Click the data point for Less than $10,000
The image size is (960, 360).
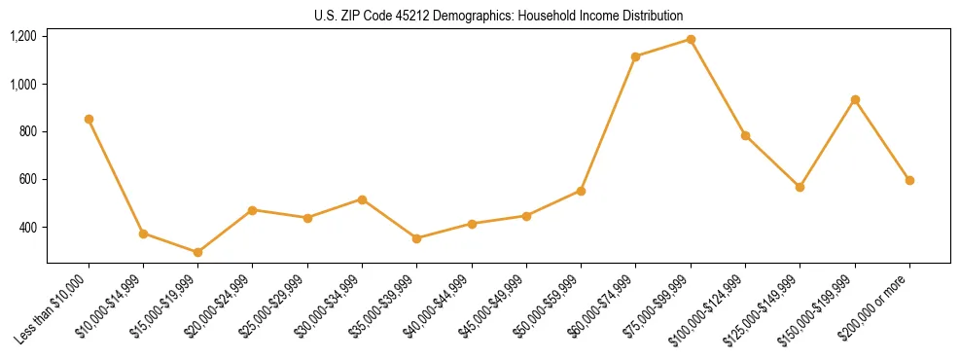[x=89, y=119]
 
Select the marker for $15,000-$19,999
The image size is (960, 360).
[x=198, y=252]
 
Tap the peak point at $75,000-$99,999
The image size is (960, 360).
[x=691, y=39]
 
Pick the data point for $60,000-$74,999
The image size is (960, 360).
[x=636, y=56]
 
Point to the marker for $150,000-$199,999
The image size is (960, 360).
[x=855, y=99]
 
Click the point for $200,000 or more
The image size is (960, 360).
[x=909, y=180]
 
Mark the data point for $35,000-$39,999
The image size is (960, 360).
[x=417, y=238]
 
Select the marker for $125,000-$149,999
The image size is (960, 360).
[x=800, y=187]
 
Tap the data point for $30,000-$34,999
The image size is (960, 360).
[x=362, y=199]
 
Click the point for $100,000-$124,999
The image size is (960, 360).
[x=746, y=135]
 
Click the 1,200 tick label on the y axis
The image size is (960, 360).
[x=23, y=36]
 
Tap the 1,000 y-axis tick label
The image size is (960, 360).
[x=23, y=84]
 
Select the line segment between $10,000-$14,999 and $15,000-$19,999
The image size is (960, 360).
[x=171, y=243]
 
